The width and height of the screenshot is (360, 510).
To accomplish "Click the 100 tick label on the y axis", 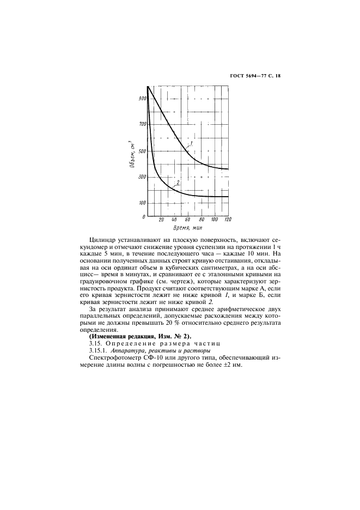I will (142, 203).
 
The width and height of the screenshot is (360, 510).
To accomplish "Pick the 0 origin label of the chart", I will (144, 216).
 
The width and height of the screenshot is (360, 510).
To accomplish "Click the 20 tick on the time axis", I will (161, 220).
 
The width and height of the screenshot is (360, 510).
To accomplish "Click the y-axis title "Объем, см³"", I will (132, 156).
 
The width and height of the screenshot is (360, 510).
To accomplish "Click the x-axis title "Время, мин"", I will (186, 228).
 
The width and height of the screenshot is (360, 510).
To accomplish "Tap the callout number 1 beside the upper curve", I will (191, 143).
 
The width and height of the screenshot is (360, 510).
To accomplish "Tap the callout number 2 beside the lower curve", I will (178, 183).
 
